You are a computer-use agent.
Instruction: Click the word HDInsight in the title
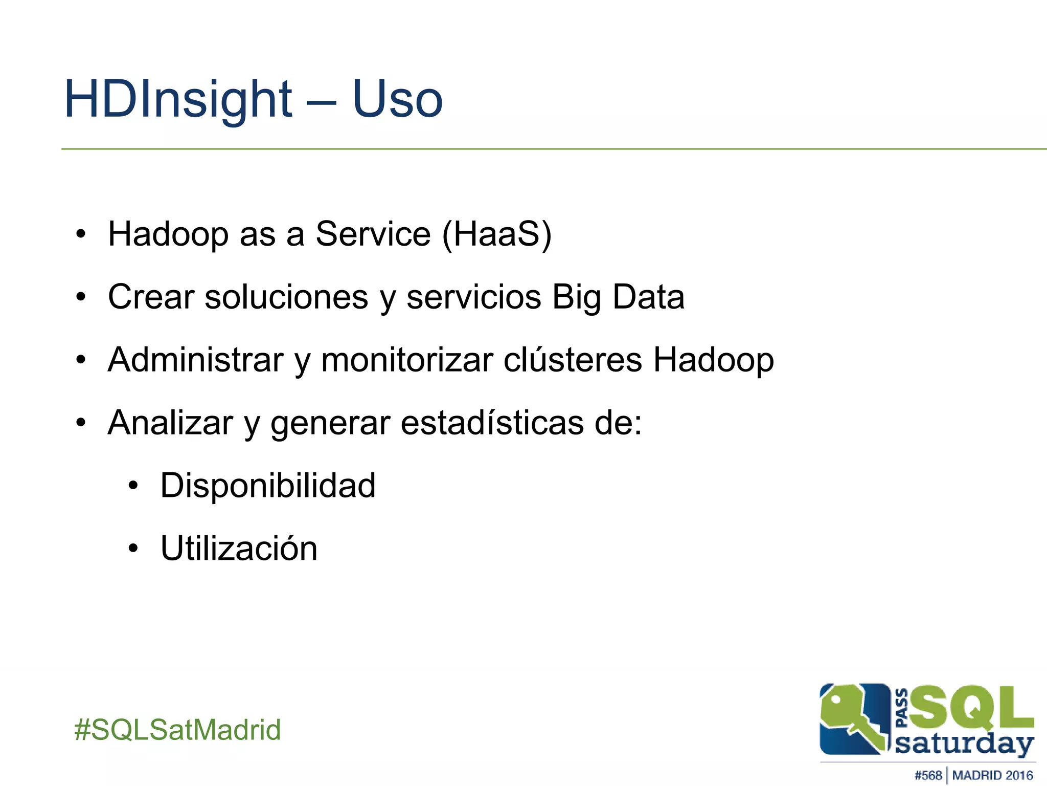178,100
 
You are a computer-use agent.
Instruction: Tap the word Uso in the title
397,100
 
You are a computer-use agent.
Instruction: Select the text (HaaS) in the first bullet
496,234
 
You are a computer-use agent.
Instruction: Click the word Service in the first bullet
373,234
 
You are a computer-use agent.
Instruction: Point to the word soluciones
286,297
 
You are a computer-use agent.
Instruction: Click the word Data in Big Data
648,297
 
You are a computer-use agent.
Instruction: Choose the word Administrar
195,360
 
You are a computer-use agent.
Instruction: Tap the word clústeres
573,360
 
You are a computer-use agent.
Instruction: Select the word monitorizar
407,360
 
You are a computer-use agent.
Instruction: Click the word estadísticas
492,423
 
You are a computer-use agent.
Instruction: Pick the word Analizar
170,423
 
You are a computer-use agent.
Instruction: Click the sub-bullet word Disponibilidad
268,485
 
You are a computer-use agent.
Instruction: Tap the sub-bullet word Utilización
239,548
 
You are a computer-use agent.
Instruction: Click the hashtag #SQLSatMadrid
177,729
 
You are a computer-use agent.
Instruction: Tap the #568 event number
928,775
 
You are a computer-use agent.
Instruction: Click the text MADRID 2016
992,775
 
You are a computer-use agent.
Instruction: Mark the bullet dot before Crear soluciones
81,297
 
